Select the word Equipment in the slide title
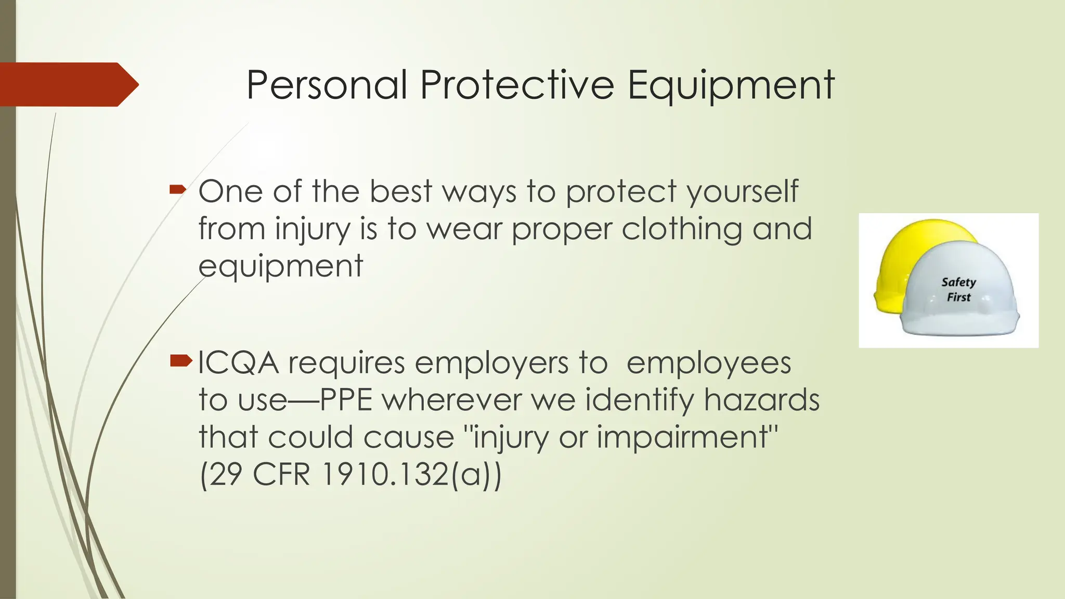[x=731, y=86]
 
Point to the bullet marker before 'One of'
[x=177, y=190]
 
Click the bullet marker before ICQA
[x=180, y=360]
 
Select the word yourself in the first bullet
[x=742, y=192]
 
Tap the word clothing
[x=682, y=229]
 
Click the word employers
[x=491, y=363]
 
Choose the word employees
[x=709, y=363]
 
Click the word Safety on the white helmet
[x=958, y=282]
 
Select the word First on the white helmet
[x=958, y=297]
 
